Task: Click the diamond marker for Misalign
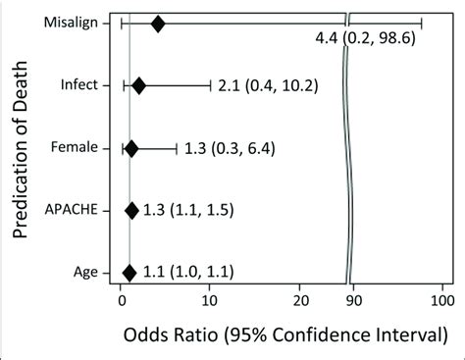pos(158,23)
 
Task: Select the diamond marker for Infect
pos(138,85)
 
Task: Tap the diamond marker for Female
pos(131,148)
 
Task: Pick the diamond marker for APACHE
pos(131,210)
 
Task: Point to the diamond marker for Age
pos(129,272)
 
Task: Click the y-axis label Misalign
pos(74,23)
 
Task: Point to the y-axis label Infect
pos(80,85)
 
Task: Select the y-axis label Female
pos(76,148)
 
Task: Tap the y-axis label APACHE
pos(73,210)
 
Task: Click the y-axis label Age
pos(85,272)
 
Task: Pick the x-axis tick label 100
pos(442,300)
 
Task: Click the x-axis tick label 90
pos(356,300)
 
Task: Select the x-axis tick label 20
pos(301,300)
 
